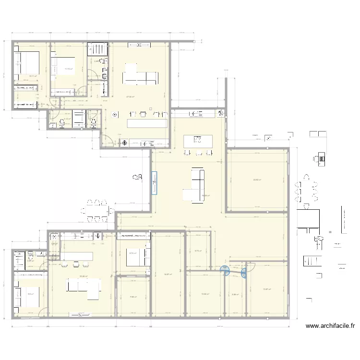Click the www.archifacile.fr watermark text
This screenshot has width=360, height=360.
click(330, 326)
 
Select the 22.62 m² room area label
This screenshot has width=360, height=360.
click(257, 180)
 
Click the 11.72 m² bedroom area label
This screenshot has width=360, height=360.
click(68, 69)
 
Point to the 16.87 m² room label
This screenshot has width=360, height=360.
click(168, 275)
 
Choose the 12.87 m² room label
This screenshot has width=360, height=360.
click(267, 289)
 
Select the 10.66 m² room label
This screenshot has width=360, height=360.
click(205, 294)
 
